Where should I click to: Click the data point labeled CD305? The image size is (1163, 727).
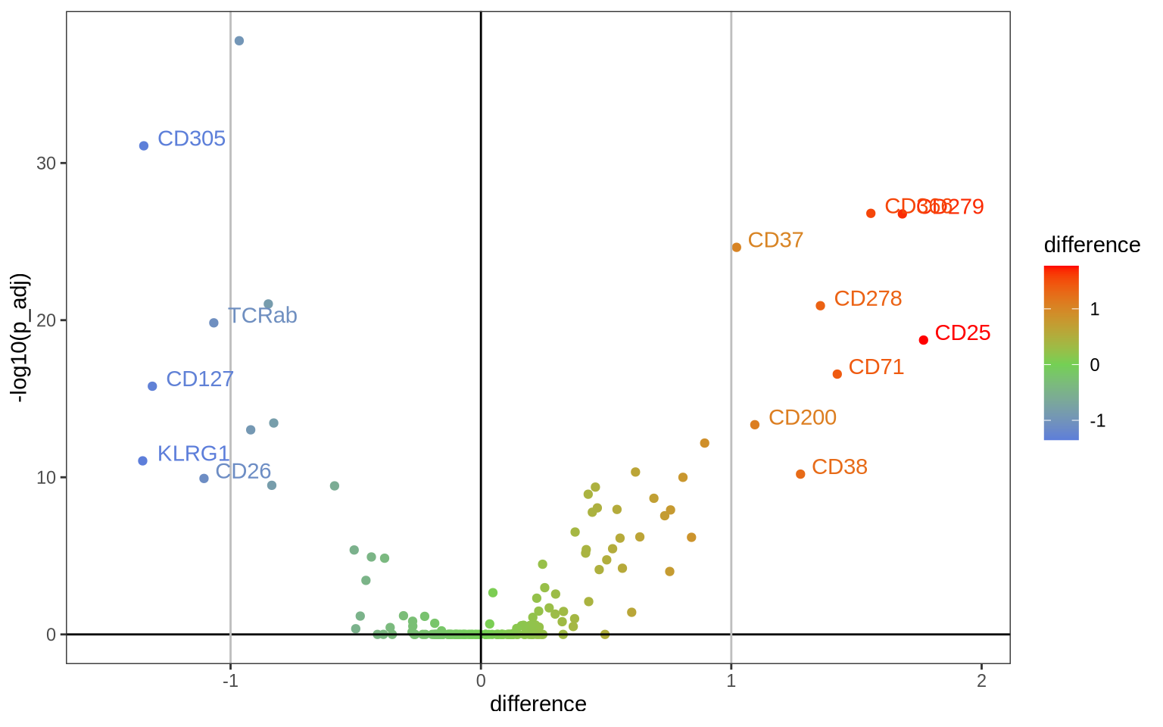[x=144, y=145]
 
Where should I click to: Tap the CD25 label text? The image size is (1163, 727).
[x=962, y=333]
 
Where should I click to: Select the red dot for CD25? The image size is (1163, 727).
[x=923, y=340]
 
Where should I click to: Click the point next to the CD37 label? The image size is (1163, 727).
[x=737, y=248]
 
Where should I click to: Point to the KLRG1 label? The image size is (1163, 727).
[x=193, y=454]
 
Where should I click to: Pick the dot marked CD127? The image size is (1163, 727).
[x=152, y=386]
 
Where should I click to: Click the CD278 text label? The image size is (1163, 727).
[x=868, y=298]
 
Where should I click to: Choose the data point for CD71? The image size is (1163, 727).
[x=837, y=374]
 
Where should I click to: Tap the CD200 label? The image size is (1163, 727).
[x=802, y=417]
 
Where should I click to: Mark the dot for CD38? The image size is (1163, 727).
[x=800, y=474]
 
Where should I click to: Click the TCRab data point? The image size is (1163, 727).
[x=214, y=323]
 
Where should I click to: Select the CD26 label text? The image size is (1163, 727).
[x=243, y=471]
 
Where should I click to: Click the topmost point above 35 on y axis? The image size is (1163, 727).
[x=239, y=41]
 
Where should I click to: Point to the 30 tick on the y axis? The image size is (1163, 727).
[x=46, y=164]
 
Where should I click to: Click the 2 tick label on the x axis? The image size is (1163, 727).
[x=981, y=681]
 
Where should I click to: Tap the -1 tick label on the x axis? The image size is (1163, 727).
[x=230, y=681]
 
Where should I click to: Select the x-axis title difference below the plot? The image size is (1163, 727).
[x=538, y=704]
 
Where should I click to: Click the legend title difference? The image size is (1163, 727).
[x=1091, y=245]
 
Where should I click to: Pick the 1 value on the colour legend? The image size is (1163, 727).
[x=1095, y=309]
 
